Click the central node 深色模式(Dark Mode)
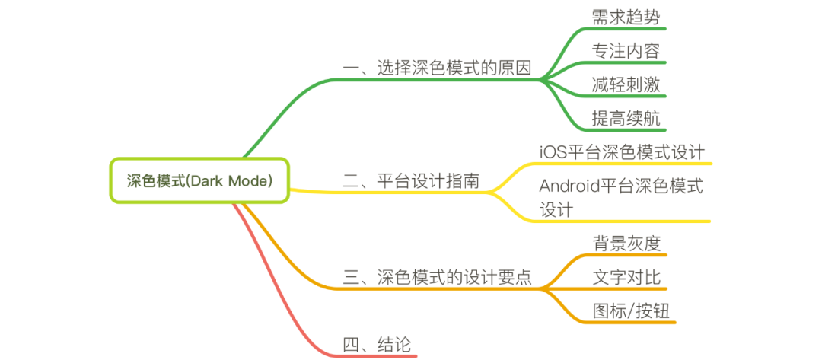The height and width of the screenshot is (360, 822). [199, 181]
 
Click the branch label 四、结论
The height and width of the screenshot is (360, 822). [377, 345]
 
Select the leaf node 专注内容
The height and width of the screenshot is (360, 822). [626, 51]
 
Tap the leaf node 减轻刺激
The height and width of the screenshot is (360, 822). [626, 84]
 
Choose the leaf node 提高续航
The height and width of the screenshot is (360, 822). [626, 118]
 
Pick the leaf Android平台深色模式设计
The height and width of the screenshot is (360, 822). [621, 197]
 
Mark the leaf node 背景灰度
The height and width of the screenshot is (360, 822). [626, 243]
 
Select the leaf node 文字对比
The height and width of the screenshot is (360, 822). [626, 277]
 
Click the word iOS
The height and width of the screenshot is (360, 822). [553, 151]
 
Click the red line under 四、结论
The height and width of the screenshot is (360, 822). [377, 355]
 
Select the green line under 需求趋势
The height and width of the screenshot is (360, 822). [626, 29]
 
